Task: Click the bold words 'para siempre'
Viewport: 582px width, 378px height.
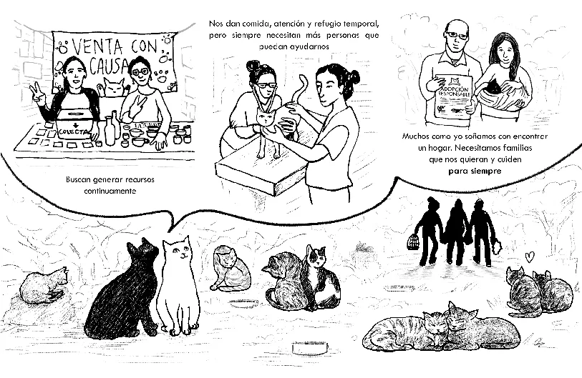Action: point(475,172)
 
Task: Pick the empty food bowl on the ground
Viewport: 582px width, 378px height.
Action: point(309,349)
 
